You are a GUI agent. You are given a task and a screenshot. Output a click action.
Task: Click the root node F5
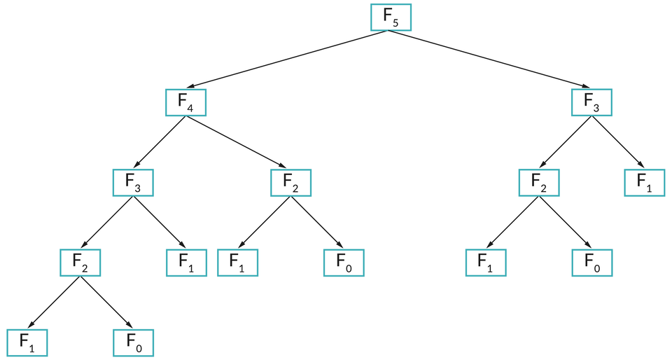point(391,18)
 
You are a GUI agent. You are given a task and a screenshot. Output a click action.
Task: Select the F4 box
point(185,102)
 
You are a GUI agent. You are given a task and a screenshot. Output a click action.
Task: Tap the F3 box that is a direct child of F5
point(591,102)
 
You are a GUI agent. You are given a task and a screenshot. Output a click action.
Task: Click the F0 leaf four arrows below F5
point(133,342)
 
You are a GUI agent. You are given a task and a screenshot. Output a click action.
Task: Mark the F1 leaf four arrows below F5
point(27,342)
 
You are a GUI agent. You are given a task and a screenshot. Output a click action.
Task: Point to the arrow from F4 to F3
point(160,142)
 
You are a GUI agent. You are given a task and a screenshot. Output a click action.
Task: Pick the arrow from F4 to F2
point(238,142)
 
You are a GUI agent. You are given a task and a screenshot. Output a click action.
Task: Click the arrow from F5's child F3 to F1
point(618,142)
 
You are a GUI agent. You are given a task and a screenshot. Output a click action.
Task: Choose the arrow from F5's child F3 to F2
point(566,142)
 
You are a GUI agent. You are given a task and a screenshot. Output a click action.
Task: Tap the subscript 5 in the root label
point(396,24)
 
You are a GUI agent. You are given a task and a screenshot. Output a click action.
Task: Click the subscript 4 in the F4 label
point(191,108)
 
